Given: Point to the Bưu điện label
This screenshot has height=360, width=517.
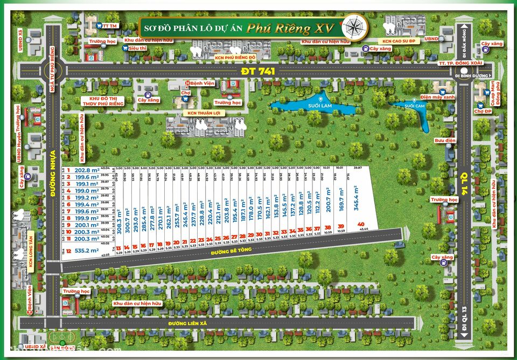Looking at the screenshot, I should [x=445, y=140].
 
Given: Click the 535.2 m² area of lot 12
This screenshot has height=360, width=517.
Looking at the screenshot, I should [x=90, y=251].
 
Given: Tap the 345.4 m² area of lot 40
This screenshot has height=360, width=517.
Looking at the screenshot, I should [x=356, y=196].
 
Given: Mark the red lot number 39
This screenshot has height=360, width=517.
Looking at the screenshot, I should [x=340, y=226].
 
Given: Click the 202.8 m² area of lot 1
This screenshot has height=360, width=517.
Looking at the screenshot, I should [x=87, y=170].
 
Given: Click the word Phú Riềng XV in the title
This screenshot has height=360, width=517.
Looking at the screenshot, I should [x=290, y=28].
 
